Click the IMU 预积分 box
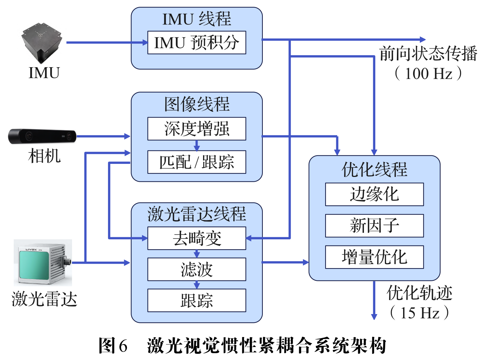click(197, 43)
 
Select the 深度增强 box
click(197, 129)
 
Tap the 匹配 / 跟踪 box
click(197, 162)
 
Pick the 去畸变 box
click(197, 238)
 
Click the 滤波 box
click(197, 269)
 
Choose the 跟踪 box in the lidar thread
click(197, 300)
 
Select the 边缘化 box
click(374, 194)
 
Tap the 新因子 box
click(374, 226)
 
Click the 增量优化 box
click(374, 257)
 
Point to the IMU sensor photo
click(42, 43)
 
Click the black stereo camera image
click(42, 136)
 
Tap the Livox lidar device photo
click(43, 263)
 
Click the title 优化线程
click(374, 169)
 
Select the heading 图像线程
click(197, 104)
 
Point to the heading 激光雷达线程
click(197, 214)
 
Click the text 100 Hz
click(428, 73)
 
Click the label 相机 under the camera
click(44, 156)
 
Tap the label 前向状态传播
click(428, 54)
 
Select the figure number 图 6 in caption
click(113, 345)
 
